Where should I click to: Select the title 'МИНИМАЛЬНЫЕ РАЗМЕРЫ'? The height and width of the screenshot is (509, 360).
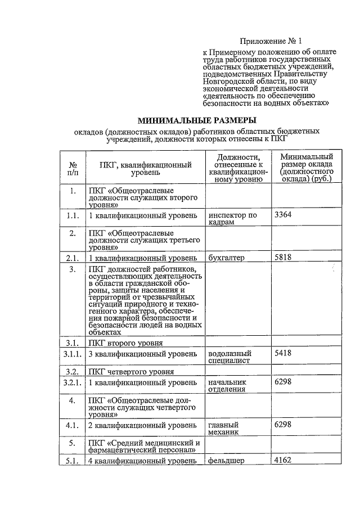(x=197, y=120)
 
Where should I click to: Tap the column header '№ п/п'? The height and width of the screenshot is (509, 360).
(x=73, y=168)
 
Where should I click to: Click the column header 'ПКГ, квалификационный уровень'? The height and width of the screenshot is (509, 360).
(x=146, y=168)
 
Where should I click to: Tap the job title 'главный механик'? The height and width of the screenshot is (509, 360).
(x=224, y=428)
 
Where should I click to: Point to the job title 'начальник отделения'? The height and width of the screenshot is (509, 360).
(x=227, y=386)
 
